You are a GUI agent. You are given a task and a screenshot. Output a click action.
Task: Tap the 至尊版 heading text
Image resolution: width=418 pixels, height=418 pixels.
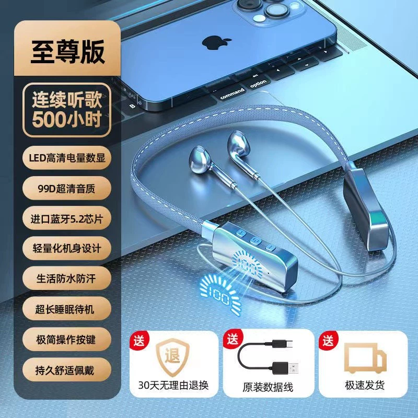(x=67, y=52)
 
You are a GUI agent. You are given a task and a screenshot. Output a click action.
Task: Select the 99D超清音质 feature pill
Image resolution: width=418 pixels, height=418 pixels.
(x=67, y=188)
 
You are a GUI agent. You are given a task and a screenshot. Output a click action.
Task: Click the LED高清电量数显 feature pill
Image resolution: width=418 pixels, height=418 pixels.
(x=67, y=158)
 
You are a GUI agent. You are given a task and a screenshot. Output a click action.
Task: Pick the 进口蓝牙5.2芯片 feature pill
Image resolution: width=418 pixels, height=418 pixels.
(x=67, y=218)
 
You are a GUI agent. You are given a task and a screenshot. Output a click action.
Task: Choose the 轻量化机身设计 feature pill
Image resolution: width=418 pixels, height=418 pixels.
(x=67, y=249)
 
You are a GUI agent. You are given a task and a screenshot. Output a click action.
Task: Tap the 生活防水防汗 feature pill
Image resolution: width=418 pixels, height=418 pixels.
(x=67, y=278)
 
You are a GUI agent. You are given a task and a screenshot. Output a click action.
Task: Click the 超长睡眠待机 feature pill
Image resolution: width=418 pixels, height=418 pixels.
(x=67, y=309)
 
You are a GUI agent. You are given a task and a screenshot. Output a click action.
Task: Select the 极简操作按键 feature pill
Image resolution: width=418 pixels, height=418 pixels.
(x=67, y=339)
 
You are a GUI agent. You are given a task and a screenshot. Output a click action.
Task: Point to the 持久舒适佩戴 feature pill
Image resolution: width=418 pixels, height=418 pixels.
(x=67, y=370)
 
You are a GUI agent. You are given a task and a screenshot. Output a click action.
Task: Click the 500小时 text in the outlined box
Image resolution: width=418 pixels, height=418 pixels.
(x=67, y=119)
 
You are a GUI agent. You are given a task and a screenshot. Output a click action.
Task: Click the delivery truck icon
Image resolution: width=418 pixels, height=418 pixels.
(x=365, y=358)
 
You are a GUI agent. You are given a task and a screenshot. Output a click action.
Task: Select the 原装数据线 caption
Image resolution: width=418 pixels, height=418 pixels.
(x=268, y=387)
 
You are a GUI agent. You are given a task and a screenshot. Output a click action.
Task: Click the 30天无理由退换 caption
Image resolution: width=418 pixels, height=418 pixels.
(x=173, y=385)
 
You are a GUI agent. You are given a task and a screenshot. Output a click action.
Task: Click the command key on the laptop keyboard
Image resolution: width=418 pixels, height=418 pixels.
(x=233, y=93)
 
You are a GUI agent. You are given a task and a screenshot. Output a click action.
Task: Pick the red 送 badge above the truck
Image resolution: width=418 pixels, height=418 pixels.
(x=328, y=340)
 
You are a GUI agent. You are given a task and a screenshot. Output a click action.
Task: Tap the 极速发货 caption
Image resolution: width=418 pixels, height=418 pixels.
(x=365, y=385)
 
